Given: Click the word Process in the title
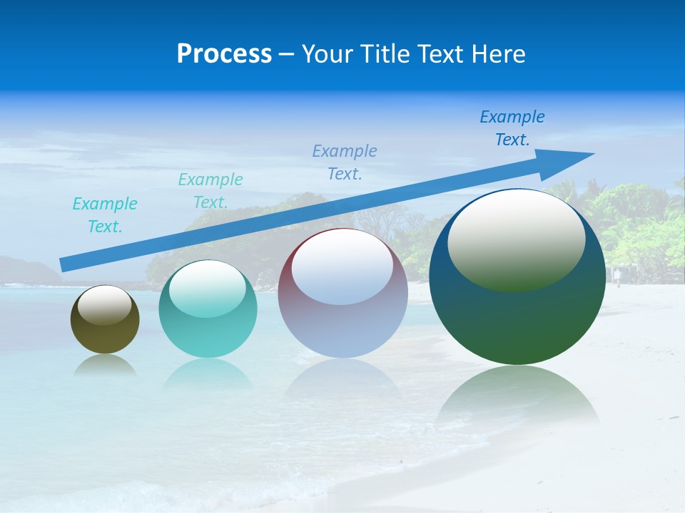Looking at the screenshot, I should click(224, 54).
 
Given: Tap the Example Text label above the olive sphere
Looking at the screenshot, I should click(105, 215).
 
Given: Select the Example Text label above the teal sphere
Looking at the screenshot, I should click(210, 191).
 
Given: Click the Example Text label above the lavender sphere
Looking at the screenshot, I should click(345, 162).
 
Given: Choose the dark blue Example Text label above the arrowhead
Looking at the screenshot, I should click(512, 128).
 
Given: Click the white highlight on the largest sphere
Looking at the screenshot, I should click(516, 239).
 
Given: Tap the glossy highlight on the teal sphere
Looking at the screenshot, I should click(207, 289).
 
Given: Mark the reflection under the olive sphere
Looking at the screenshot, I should click(105, 365).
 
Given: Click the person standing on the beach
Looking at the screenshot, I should click(617, 276).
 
